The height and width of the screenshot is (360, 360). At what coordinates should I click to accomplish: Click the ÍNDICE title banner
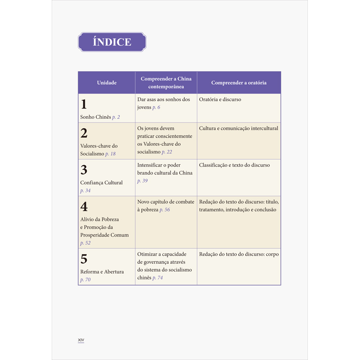[112, 42]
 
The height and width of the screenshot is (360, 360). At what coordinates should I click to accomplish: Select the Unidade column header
[107, 83]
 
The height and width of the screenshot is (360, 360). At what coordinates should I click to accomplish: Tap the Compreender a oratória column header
[238, 83]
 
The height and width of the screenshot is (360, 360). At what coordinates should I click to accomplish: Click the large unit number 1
[83, 104]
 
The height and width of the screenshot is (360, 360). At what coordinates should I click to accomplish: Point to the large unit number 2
[84, 133]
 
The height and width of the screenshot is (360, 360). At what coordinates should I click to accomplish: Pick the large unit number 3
[84, 170]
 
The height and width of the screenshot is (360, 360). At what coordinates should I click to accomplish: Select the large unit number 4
[84, 207]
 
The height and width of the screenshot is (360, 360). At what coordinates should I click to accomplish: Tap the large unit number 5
[84, 259]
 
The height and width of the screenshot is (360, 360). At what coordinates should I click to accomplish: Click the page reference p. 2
[116, 117]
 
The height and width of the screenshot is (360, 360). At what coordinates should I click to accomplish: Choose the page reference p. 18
[110, 154]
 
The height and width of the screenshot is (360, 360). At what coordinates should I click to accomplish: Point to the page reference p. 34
[85, 191]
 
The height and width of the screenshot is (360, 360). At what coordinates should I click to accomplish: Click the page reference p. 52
[85, 243]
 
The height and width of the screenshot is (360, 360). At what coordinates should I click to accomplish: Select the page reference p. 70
[85, 280]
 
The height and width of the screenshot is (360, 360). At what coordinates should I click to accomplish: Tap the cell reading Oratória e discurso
[220, 99]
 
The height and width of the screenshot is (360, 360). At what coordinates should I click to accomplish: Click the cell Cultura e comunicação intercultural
[238, 128]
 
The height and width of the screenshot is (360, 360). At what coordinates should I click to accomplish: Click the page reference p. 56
[164, 210]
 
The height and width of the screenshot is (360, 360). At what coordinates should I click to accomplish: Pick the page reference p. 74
[157, 278]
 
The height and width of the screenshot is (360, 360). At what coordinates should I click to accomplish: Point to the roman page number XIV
[81, 340]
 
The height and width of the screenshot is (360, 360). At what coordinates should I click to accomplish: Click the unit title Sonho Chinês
[95, 117]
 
